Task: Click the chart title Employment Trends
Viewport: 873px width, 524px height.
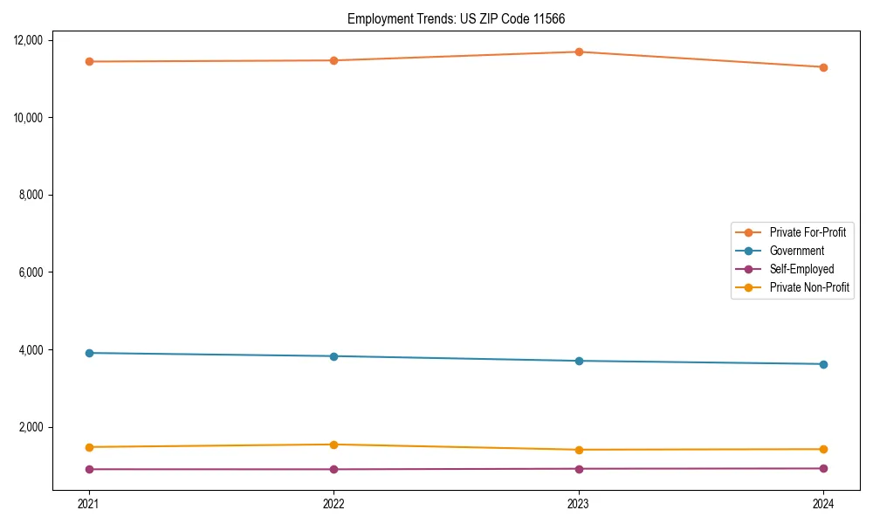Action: click(x=462, y=18)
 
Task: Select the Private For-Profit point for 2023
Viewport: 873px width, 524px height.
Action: click(x=579, y=52)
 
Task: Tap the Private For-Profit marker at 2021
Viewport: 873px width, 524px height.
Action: click(x=88, y=61)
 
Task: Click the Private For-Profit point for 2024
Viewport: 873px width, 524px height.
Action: click(x=823, y=67)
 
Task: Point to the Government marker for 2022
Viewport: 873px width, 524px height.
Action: click(x=333, y=356)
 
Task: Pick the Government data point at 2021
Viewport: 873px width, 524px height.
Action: click(x=88, y=353)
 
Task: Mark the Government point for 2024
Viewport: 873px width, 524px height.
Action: click(x=823, y=364)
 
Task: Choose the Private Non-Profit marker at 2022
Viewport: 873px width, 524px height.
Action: click(x=333, y=445)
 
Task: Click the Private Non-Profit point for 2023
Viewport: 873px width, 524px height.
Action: click(x=579, y=450)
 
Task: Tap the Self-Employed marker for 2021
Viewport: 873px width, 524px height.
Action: click(x=88, y=469)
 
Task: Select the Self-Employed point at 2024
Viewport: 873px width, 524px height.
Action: click(x=823, y=468)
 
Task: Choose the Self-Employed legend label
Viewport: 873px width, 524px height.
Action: click(x=801, y=269)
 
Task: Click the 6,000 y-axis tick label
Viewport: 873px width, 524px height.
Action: click(x=36, y=272)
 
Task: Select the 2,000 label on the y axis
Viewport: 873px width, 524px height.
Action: click(x=36, y=427)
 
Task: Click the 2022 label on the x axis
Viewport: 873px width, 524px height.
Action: click(x=333, y=503)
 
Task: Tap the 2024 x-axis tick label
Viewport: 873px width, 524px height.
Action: click(x=823, y=503)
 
